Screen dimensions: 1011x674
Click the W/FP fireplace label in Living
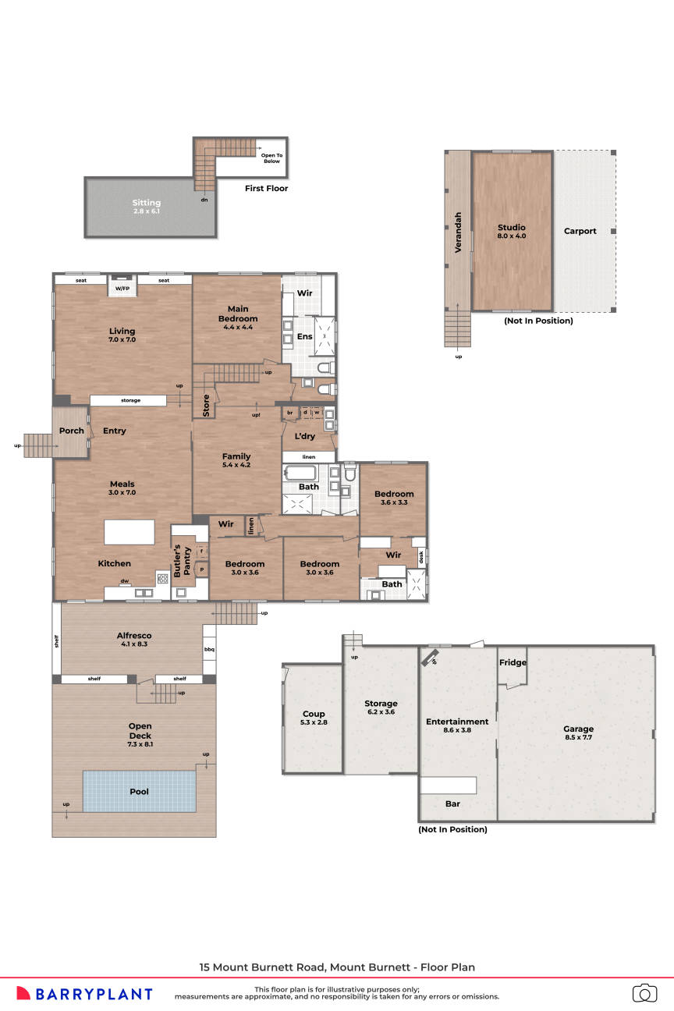[x=122, y=289]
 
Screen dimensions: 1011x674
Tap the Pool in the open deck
[x=140, y=791]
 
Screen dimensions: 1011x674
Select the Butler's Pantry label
[x=181, y=560]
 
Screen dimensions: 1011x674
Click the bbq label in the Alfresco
[x=209, y=649]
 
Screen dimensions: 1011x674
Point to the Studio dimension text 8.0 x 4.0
[x=512, y=236]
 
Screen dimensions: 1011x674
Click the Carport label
[x=580, y=231]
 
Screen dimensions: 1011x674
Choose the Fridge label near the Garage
[x=513, y=663]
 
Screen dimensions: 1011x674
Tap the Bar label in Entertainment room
[x=452, y=803]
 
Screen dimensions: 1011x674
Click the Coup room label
[x=314, y=714]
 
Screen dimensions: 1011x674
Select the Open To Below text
[x=271, y=158]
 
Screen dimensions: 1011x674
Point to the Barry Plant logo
[x=84, y=994]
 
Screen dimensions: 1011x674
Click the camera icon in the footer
[x=644, y=993]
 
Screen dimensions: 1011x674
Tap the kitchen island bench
[x=129, y=533]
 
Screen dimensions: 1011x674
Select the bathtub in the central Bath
[x=300, y=474]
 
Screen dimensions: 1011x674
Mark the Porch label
[x=72, y=431]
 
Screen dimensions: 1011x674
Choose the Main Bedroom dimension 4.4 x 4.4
[x=237, y=327]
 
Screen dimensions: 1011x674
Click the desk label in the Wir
[x=421, y=557]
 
